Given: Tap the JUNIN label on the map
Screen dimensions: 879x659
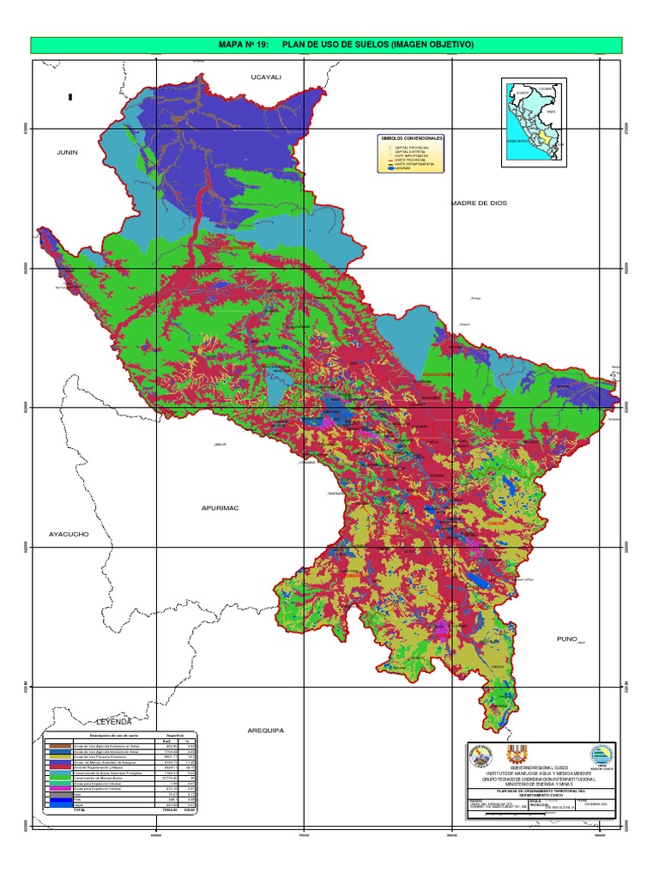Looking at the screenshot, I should pyautogui.click(x=67, y=152).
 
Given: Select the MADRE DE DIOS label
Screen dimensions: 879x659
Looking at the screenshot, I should pyautogui.click(x=479, y=203).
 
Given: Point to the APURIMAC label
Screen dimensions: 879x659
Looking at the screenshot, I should pyautogui.click(x=219, y=508).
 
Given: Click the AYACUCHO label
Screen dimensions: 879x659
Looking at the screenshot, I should pyautogui.click(x=69, y=534).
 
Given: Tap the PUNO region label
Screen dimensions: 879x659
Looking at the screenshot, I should pyautogui.click(x=570, y=639).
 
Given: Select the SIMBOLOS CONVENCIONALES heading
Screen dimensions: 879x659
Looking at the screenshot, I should pyautogui.click(x=411, y=138).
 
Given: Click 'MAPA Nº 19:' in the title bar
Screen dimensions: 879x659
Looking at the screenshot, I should pyautogui.click(x=246, y=45).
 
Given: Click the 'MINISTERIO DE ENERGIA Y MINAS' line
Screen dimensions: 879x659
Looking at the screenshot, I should pyautogui.click(x=540, y=783).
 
